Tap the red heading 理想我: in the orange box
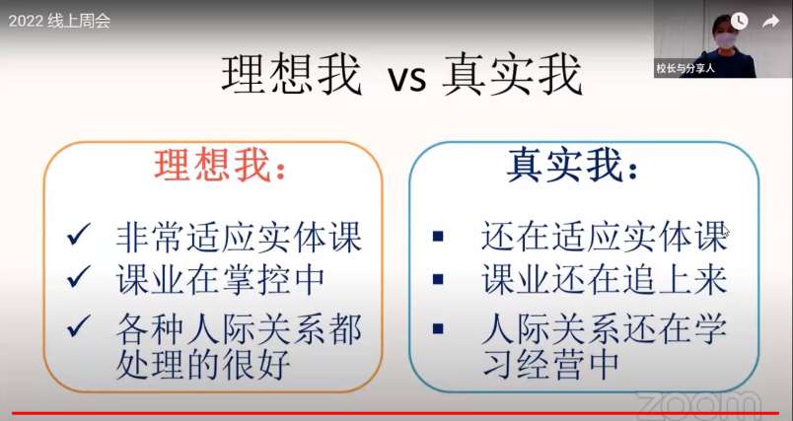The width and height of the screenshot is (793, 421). click(221, 166)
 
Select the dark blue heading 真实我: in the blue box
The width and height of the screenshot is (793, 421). click(572, 166)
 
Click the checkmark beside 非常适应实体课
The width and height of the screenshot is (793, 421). click(79, 234)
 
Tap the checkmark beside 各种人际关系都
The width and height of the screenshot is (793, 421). click(79, 325)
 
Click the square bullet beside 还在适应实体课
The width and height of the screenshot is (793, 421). click(438, 236)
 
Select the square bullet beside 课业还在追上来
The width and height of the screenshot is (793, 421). click(438, 279)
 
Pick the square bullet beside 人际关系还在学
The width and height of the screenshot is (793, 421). click(438, 328)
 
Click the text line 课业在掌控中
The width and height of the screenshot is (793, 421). click(220, 279)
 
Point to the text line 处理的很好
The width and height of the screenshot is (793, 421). click(203, 363)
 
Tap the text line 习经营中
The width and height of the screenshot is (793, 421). click(551, 363)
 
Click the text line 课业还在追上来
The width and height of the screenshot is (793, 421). click(605, 279)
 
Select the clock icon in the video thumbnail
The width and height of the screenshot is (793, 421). click(739, 21)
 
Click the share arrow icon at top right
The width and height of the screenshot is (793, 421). click(770, 22)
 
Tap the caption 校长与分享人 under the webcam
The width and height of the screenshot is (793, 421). click(685, 69)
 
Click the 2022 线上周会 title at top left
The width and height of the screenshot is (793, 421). click(59, 22)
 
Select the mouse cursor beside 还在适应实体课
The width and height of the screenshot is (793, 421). click(726, 232)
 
